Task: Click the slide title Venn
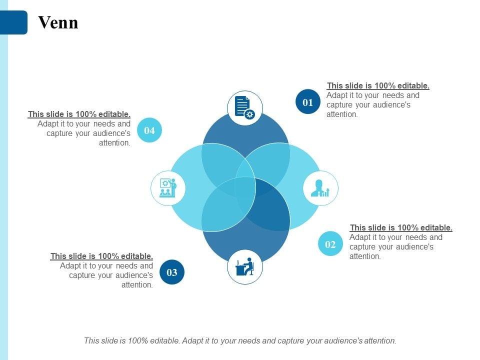pos(58,22)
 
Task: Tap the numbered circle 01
pos(307,102)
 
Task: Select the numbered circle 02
pos(330,244)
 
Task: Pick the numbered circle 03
pos(172,272)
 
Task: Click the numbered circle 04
pos(149,130)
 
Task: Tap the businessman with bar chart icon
pos(320,188)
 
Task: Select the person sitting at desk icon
pos(245,267)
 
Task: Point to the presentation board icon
pos(168,188)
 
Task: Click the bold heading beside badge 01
pos(378,85)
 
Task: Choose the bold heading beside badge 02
pos(401,227)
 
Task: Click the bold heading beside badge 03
pos(101,256)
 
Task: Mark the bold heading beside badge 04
pos(79,114)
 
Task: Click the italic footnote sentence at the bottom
pos(240,340)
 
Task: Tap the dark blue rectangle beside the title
pos(13,22)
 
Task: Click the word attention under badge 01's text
pos(342,114)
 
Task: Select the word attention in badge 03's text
pos(137,285)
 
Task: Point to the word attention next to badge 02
pos(365,256)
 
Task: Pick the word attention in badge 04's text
pos(114,142)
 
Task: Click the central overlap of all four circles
pos(245,187)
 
